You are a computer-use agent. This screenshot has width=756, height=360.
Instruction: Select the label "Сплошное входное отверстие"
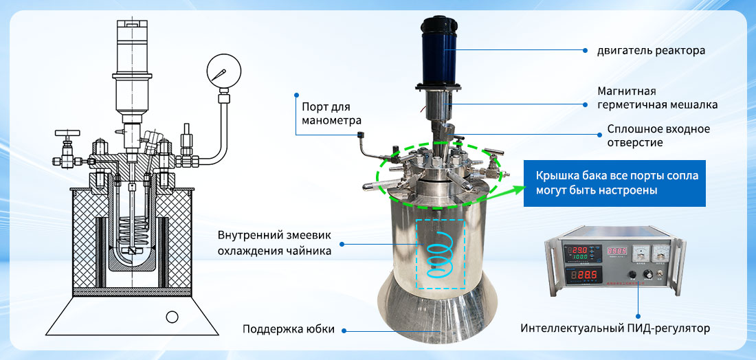coord(658,136)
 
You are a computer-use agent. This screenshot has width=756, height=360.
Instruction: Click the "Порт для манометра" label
coord(326,113)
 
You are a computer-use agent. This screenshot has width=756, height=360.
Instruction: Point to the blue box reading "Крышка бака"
coord(614,183)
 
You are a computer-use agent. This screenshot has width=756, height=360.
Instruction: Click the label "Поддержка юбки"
coord(289,330)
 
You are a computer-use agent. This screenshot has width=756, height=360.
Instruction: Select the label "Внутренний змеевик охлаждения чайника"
coord(274,243)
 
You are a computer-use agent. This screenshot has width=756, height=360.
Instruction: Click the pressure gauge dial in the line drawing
coord(224,71)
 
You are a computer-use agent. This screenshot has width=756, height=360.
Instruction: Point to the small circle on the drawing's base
coord(172,317)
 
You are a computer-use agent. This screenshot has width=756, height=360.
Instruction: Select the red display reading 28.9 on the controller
coord(584,275)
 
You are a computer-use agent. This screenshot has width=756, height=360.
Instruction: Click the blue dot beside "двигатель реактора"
coord(585,50)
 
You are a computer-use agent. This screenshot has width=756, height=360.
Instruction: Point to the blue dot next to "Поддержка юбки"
coord(345,330)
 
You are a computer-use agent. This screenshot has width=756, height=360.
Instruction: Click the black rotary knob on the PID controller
coord(649,275)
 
